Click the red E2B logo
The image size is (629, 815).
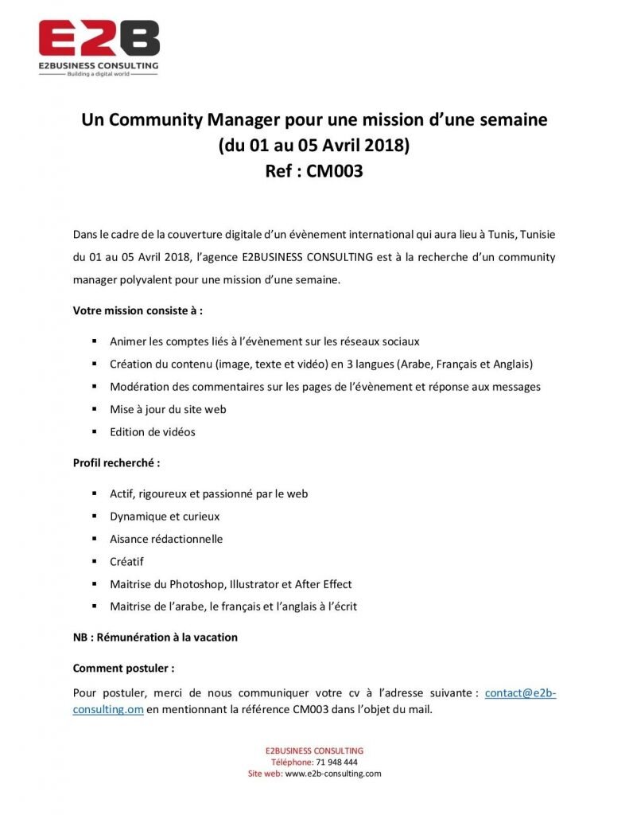click(x=99, y=38)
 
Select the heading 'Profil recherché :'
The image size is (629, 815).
click(x=116, y=462)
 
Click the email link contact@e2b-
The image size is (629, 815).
click(x=520, y=693)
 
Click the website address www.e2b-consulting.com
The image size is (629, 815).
click(x=333, y=773)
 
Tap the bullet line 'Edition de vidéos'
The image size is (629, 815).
click(x=152, y=431)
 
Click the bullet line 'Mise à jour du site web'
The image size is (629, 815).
click(x=168, y=409)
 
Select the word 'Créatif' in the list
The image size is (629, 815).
click(x=126, y=561)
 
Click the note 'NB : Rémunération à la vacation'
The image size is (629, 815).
click(x=155, y=637)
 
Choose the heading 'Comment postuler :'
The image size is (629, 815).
click(x=123, y=668)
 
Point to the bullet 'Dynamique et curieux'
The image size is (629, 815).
click(x=165, y=516)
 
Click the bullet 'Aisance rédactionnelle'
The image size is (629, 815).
click(x=166, y=539)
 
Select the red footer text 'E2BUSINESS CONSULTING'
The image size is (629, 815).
click(x=314, y=751)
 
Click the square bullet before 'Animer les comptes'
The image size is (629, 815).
click(x=94, y=341)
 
